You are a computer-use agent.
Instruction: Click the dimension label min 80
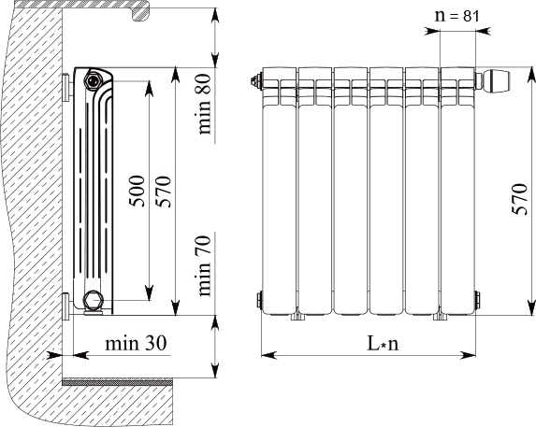(x=205, y=104)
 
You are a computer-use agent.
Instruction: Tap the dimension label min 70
(x=205, y=266)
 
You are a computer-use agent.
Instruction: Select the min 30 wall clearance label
(x=136, y=343)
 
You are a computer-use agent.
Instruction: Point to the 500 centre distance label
(x=137, y=192)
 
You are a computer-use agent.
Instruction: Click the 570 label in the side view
(x=163, y=192)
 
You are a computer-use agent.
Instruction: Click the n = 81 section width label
(x=457, y=16)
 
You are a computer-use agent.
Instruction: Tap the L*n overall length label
(x=383, y=343)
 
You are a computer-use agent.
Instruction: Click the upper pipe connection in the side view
(x=93, y=81)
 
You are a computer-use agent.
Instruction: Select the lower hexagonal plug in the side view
(x=94, y=300)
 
